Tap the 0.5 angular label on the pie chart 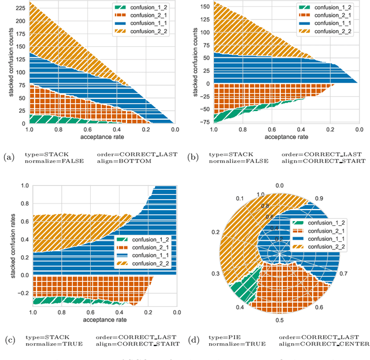pos(279,319)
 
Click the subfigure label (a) pos(8,156)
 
